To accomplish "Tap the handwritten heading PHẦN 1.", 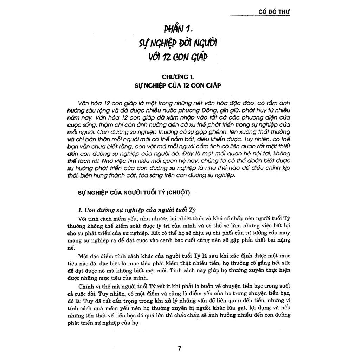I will (180, 27).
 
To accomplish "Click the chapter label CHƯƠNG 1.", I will (180, 76).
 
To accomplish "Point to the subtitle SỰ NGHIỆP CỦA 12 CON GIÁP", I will (180, 85).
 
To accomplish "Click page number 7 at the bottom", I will (180, 348).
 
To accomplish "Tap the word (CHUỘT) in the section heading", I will (177, 192).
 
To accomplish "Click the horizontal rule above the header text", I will (260, 15).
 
